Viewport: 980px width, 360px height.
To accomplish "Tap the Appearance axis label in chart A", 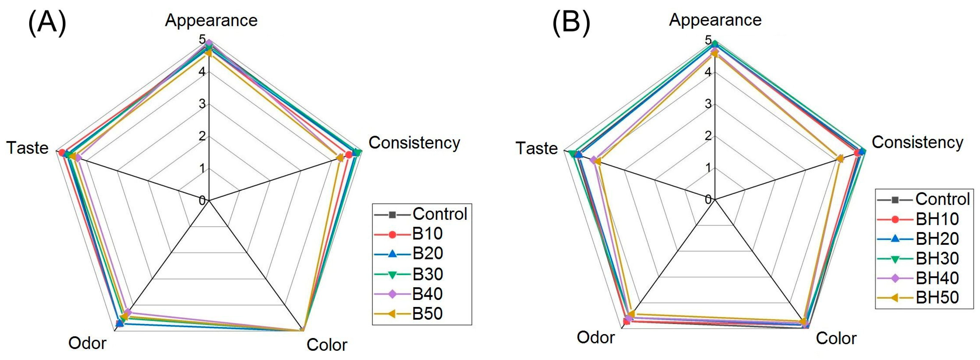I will point(211,20).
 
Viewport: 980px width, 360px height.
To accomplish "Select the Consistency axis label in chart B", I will point(917,142).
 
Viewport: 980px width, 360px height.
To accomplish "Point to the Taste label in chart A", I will point(27,148).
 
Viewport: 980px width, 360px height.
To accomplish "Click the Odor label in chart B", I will point(595,337).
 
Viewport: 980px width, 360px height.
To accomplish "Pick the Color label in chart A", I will point(327,345).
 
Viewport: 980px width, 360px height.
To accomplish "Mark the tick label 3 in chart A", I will point(202,104).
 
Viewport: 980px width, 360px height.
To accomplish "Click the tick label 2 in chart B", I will point(708,135).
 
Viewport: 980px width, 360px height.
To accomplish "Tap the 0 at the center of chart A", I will point(202,200).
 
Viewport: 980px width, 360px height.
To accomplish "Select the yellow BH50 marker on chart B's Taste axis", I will point(597,162).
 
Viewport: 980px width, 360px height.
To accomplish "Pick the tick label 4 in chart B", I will point(708,72).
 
